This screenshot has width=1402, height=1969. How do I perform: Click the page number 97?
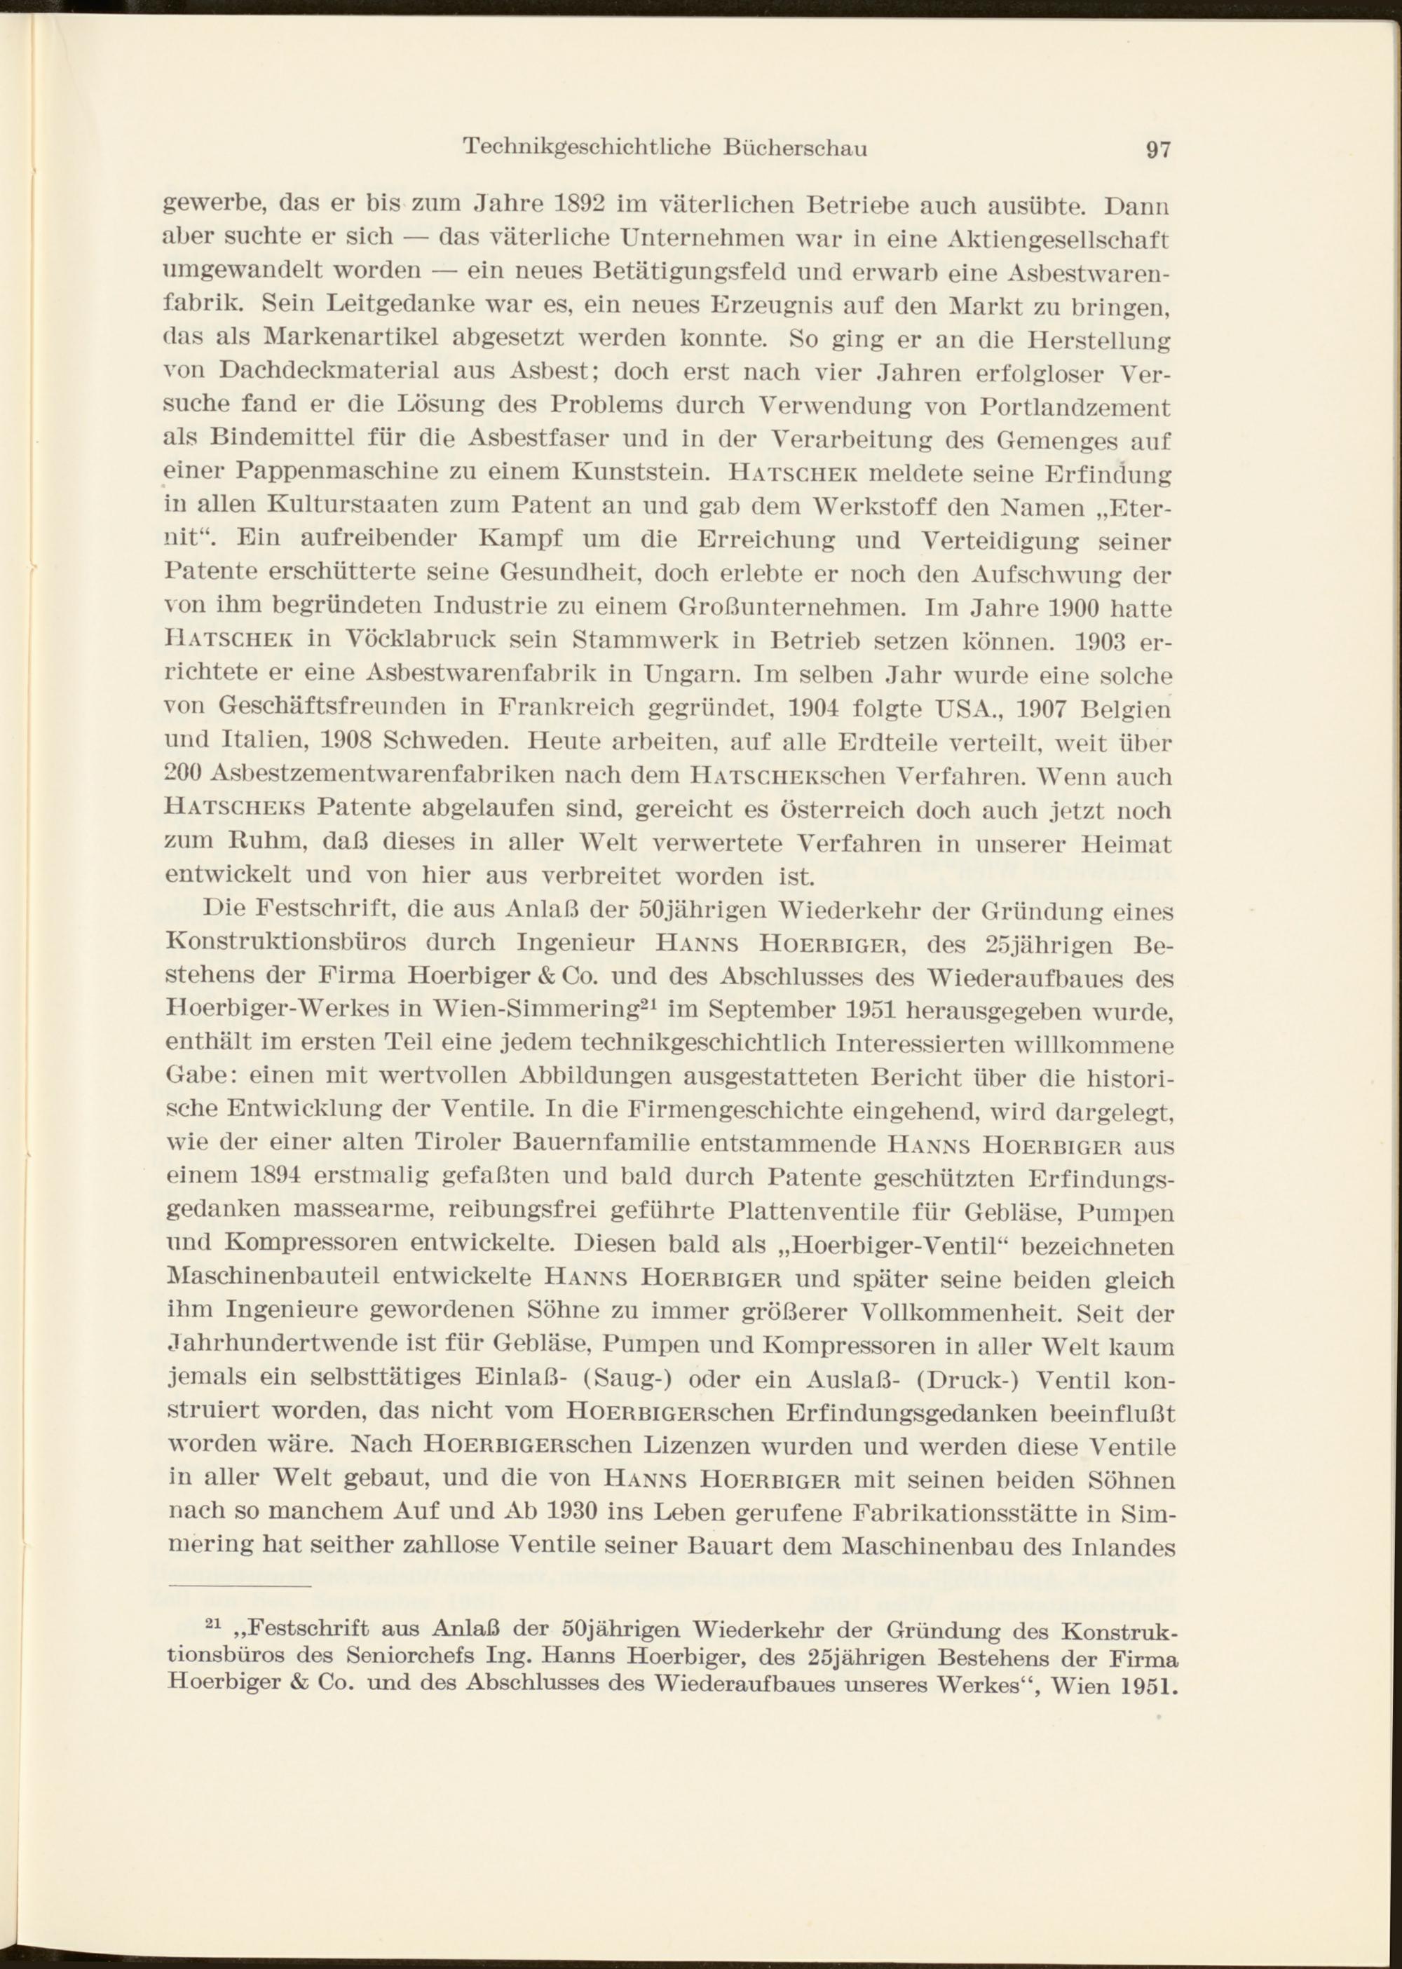point(1157,149)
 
